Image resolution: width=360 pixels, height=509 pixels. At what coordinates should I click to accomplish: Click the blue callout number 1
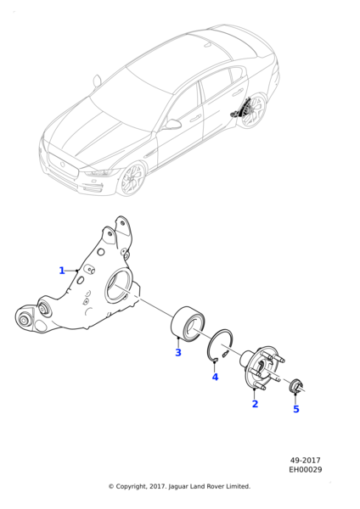tap(62, 271)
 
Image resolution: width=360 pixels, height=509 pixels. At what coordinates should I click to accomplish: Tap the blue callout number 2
tap(255, 404)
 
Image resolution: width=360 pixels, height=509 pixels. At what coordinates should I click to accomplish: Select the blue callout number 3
tap(178, 353)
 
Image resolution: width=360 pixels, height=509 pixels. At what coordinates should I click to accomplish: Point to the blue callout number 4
tap(215, 378)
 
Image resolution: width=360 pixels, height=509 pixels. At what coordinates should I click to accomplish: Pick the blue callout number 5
tap(296, 409)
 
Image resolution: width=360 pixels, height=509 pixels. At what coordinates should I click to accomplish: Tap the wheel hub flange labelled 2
tap(262, 368)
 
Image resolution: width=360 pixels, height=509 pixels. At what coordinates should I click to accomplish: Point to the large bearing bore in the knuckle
tap(118, 287)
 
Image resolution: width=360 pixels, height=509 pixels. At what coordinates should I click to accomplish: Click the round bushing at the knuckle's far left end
tap(24, 320)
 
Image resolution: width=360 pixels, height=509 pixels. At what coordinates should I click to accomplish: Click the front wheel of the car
tap(132, 178)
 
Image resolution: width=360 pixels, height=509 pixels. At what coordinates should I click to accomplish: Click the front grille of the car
tap(64, 165)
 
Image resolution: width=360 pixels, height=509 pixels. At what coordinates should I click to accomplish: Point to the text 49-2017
tap(305, 461)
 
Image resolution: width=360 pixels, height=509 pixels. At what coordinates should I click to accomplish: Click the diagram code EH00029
tap(306, 469)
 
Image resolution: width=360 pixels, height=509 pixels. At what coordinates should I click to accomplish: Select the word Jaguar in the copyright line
tap(178, 487)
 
